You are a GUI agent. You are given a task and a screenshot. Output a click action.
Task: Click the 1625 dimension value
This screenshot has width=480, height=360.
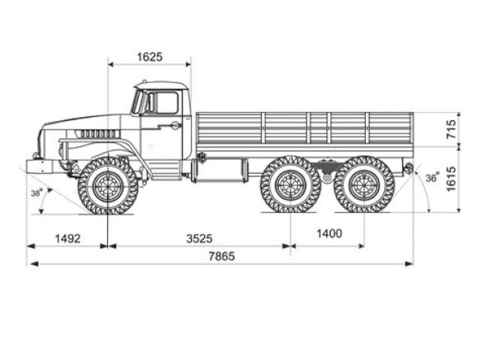150,57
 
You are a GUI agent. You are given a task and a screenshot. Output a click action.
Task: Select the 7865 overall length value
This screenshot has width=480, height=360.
221,256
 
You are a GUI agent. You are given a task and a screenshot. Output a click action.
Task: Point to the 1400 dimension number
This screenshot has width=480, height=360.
328,234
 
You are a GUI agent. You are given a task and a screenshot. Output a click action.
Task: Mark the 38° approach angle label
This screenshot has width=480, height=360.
35,193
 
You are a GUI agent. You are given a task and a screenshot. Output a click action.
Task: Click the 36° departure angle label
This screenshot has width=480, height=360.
432,178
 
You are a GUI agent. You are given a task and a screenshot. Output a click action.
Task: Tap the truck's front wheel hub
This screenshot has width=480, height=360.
108,185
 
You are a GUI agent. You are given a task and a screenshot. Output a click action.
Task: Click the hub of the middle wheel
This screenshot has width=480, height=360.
290,184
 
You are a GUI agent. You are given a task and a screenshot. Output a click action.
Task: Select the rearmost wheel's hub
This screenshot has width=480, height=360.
364,184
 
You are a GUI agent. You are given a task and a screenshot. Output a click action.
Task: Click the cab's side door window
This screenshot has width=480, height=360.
166,103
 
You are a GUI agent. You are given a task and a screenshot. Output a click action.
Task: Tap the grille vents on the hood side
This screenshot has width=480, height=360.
97,133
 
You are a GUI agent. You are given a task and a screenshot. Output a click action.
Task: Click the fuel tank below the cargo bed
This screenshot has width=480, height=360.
219,170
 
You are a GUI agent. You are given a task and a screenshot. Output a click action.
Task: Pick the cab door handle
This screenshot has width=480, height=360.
175,126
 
